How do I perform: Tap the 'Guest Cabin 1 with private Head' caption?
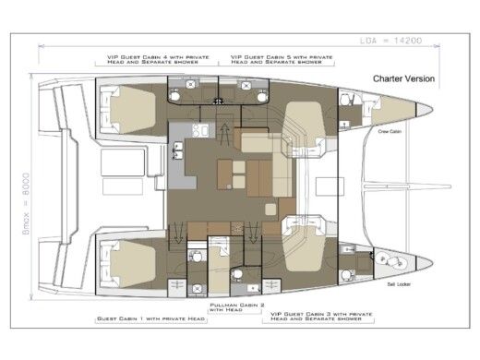click(x=148, y=319)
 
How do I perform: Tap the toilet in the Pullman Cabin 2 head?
click(x=237, y=274)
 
